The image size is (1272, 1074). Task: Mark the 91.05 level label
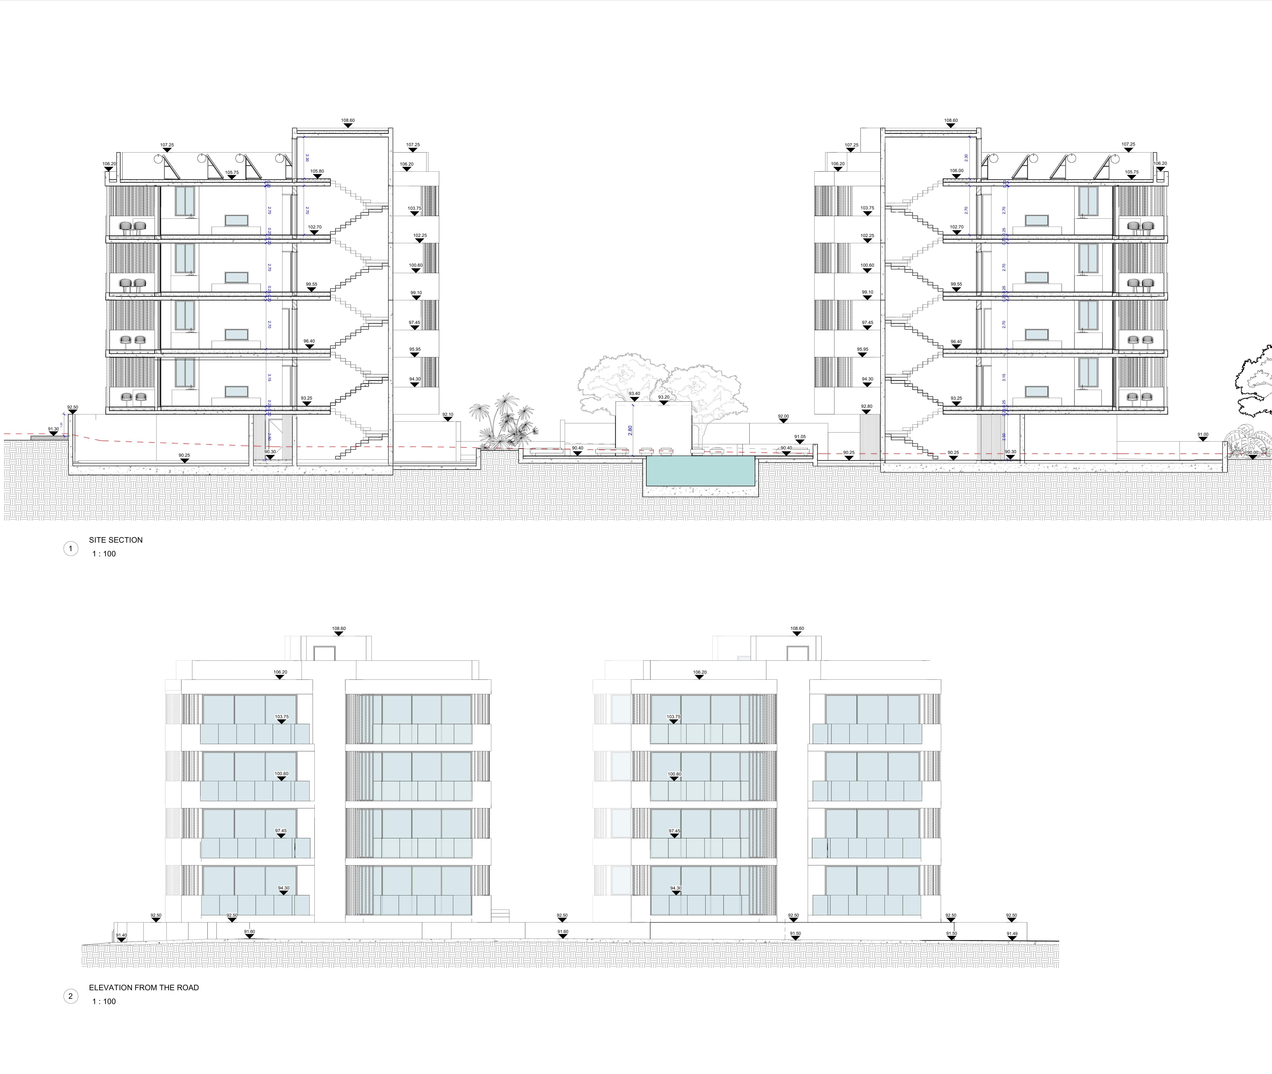tap(799, 436)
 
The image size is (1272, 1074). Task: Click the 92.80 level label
tap(866, 406)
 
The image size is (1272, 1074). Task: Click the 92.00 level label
tap(783, 416)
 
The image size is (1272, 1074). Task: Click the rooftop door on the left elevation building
tap(325, 653)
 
